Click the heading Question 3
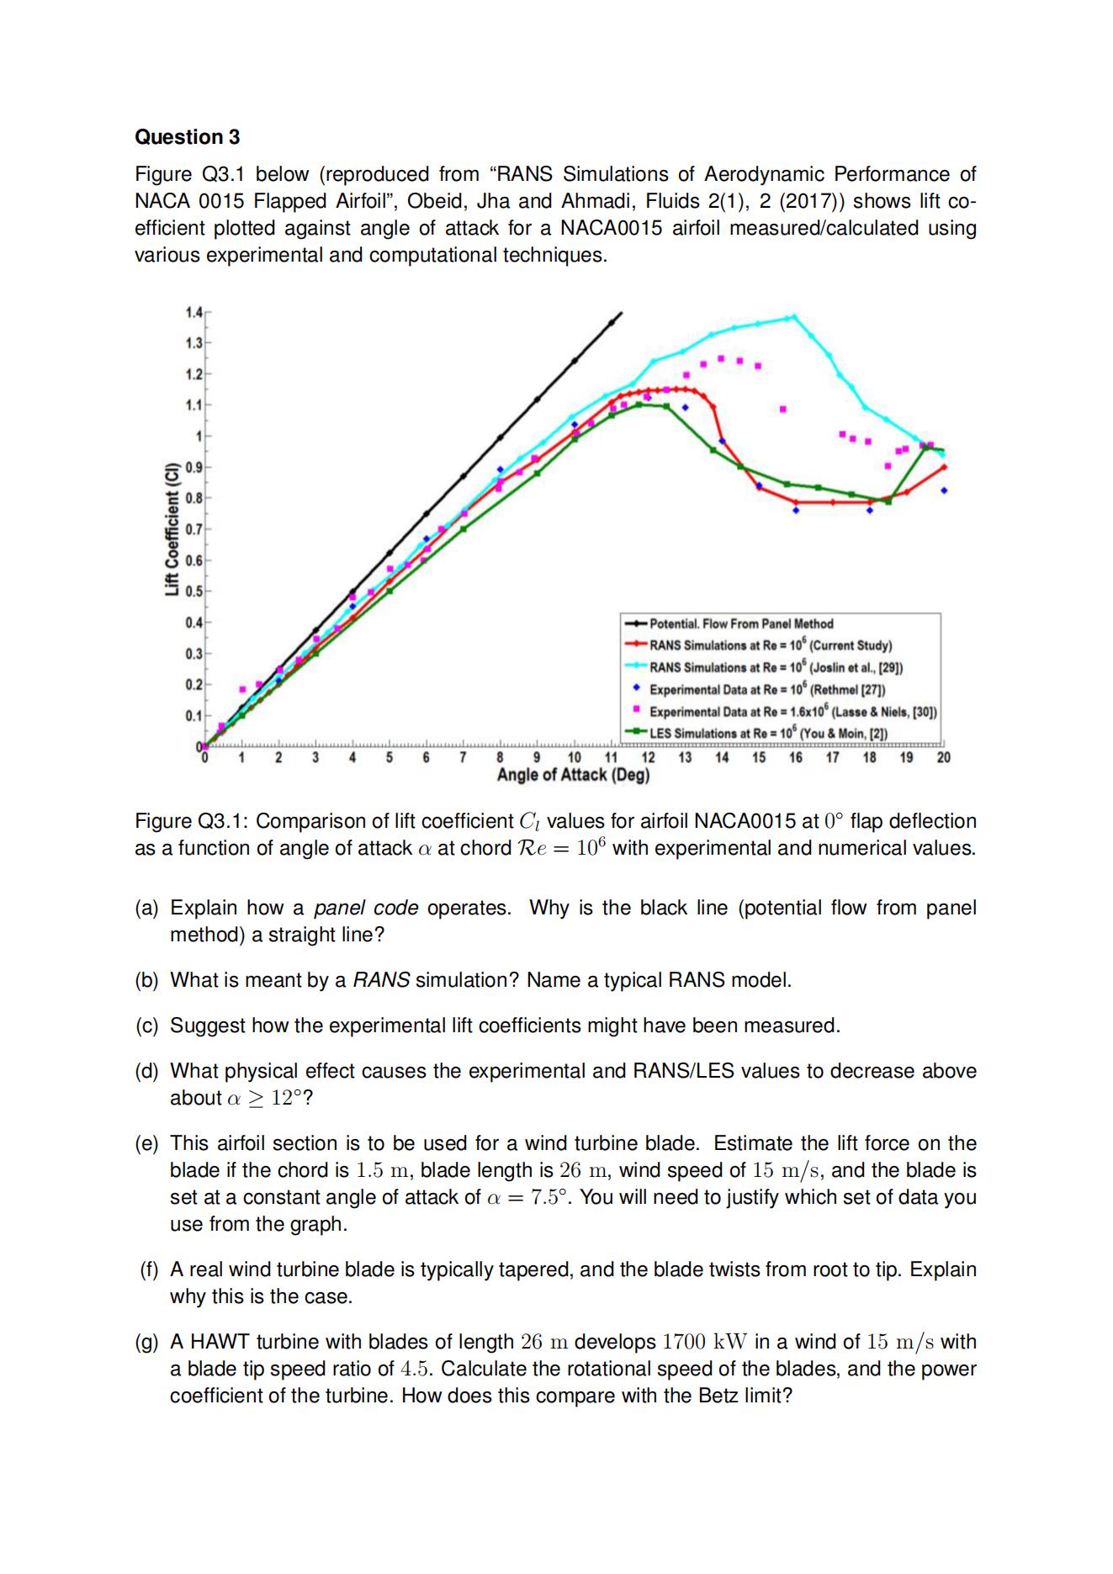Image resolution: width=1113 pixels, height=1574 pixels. coord(187,137)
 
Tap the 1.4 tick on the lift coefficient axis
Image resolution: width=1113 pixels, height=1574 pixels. coord(193,312)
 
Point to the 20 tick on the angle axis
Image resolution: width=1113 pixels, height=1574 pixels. coord(943,757)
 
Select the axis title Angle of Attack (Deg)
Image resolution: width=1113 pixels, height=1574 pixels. coord(573,775)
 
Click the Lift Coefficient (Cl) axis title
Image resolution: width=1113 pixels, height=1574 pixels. coord(172,529)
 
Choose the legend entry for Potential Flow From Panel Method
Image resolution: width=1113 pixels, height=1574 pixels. coord(740,623)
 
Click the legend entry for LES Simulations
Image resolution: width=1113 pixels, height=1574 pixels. coord(768,733)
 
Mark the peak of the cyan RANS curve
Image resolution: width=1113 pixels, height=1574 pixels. coord(792,316)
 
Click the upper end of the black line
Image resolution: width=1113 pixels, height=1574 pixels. coord(621,313)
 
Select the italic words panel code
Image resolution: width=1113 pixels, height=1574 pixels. coord(366,909)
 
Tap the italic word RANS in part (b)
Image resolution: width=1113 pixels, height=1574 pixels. coord(381,981)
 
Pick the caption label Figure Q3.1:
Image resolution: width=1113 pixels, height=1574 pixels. coord(192,821)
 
